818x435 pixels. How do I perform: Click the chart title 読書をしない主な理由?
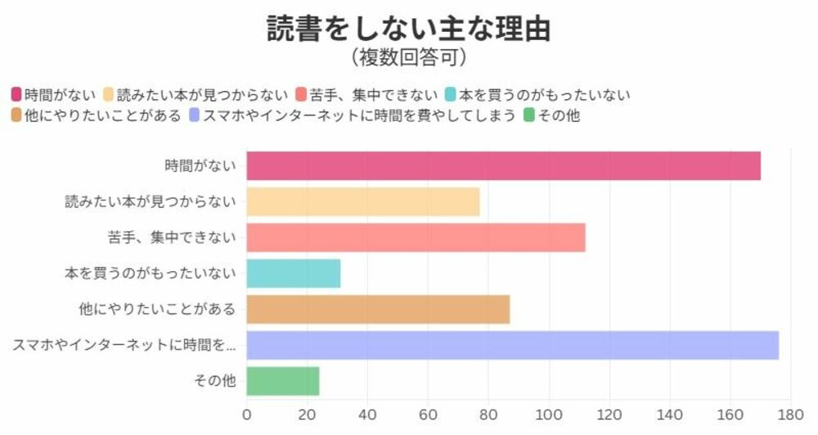(x=408, y=29)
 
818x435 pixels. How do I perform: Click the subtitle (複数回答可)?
(x=408, y=57)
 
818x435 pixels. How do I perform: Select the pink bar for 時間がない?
(x=503, y=165)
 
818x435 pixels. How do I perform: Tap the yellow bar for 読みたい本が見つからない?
(x=362, y=202)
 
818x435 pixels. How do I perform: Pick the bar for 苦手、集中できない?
(x=416, y=238)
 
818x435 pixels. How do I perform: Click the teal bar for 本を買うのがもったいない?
(x=293, y=274)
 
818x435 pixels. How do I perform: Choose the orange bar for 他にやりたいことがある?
(x=378, y=310)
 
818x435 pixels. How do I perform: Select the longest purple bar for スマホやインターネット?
(x=512, y=345)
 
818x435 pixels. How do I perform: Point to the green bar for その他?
(x=282, y=381)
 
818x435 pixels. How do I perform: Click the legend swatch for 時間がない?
(x=16, y=94)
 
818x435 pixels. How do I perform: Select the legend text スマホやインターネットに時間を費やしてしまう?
(x=359, y=116)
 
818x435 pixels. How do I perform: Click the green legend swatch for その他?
(x=528, y=116)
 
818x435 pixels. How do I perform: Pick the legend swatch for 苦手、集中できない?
(x=302, y=94)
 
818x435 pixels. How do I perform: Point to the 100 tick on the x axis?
(x=549, y=414)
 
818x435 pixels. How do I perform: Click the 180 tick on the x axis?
(x=790, y=414)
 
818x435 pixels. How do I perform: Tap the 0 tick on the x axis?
(x=247, y=414)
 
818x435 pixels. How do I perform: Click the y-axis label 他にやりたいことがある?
(x=157, y=310)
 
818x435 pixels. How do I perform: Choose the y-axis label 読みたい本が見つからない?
(x=151, y=202)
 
